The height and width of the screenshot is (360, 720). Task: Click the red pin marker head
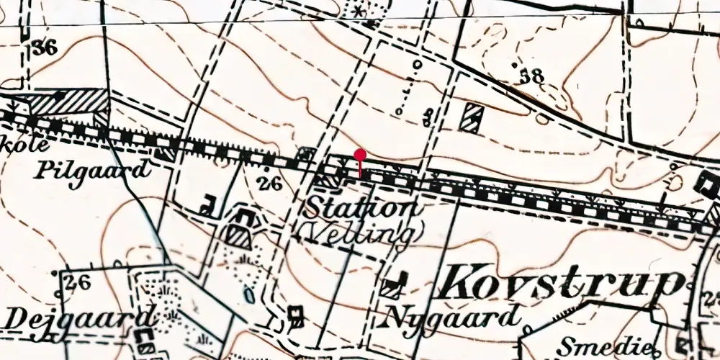coord(360,155)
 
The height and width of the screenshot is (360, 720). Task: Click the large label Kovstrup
coord(559,283)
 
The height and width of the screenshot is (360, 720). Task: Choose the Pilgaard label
coord(93,171)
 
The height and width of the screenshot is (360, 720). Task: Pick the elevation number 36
coord(44,48)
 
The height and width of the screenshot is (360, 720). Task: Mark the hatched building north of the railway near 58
coord(472,115)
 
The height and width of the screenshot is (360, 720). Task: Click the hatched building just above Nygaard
coord(392,286)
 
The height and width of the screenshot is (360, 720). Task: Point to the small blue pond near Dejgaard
coord(249,294)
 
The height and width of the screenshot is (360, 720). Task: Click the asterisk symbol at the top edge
coord(358,12)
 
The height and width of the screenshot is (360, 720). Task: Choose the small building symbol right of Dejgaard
coord(294,314)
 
